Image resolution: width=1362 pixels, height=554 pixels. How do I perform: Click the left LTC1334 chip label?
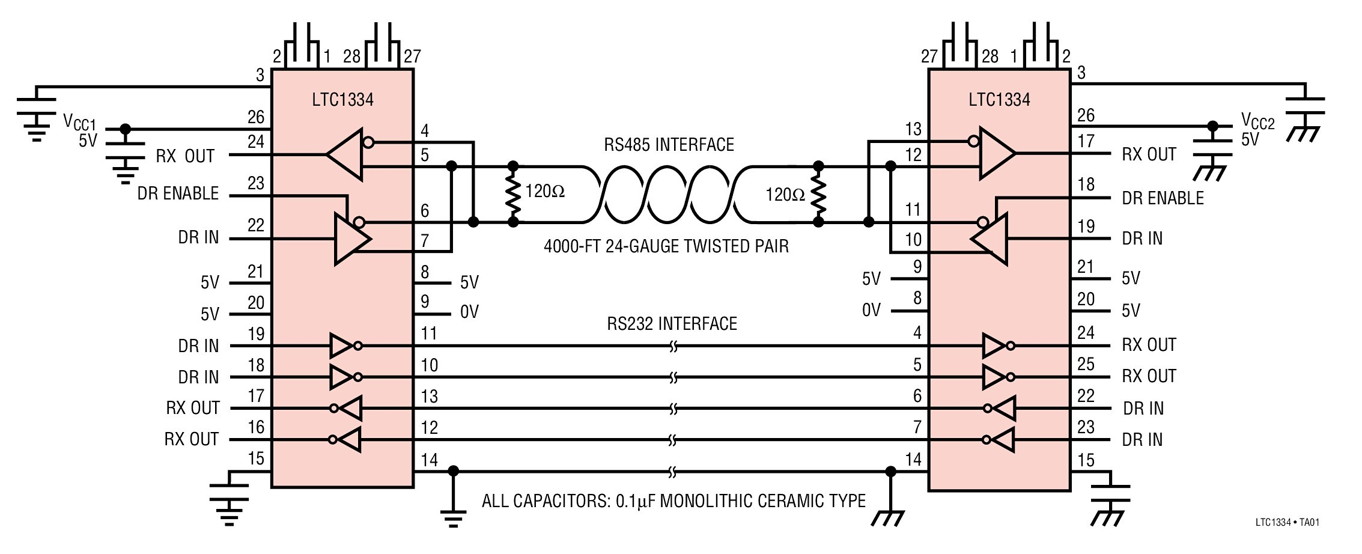[x=342, y=100]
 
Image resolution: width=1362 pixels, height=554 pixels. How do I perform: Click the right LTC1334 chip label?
[x=999, y=100]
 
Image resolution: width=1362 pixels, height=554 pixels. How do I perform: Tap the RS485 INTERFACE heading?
[x=669, y=145]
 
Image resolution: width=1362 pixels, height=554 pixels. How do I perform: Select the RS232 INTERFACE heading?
[x=672, y=324]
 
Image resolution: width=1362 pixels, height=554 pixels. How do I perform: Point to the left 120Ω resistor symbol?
[x=513, y=193]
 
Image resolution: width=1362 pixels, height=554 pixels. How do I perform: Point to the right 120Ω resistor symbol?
[x=818, y=193]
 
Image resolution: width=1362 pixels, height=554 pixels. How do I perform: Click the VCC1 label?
[x=79, y=122]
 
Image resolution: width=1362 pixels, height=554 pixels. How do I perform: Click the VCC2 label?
[x=1257, y=122]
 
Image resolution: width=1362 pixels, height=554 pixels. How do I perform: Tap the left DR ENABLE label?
[x=178, y=193]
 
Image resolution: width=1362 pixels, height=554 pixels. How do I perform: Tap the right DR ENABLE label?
[x=1163, y=198]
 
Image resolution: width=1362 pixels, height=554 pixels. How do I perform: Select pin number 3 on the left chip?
[x=260, y=75]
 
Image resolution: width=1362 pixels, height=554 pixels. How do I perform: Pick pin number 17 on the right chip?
[x=1086, y=141]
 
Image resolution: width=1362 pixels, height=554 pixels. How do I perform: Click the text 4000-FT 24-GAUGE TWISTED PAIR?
[x=666, y=246]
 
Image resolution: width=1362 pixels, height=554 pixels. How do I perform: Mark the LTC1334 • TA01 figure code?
[x=1287, y=522]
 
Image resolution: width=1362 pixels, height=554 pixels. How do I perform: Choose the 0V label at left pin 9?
[x=469, y=312]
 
